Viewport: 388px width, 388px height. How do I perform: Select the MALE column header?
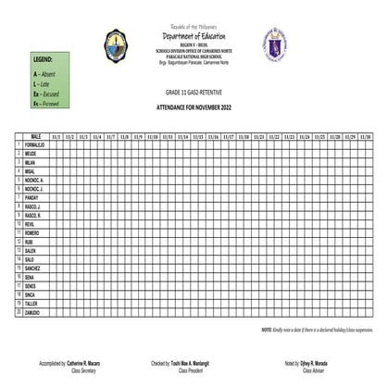[37, 136]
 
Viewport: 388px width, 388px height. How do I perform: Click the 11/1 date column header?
[57, 136]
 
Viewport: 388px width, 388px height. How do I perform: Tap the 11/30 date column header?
[364, 136]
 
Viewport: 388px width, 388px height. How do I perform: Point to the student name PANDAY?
[32, 197]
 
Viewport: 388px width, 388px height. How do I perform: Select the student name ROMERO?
[33, 232]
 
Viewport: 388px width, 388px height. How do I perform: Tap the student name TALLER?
[32, 303]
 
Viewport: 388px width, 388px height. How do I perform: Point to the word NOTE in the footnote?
[267, 330]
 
